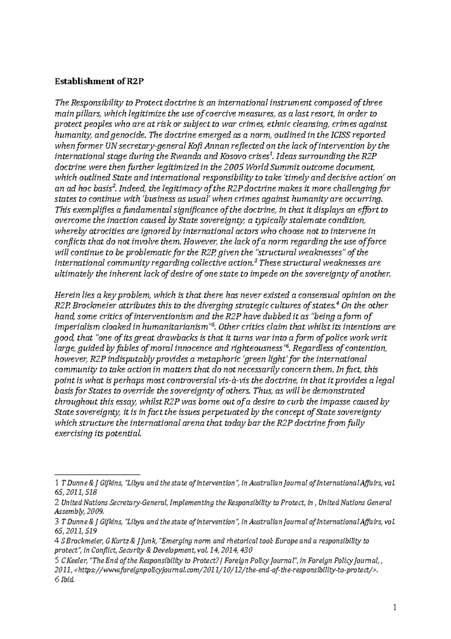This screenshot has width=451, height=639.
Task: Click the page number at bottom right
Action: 394,607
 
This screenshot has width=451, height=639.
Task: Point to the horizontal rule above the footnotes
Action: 97,475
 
